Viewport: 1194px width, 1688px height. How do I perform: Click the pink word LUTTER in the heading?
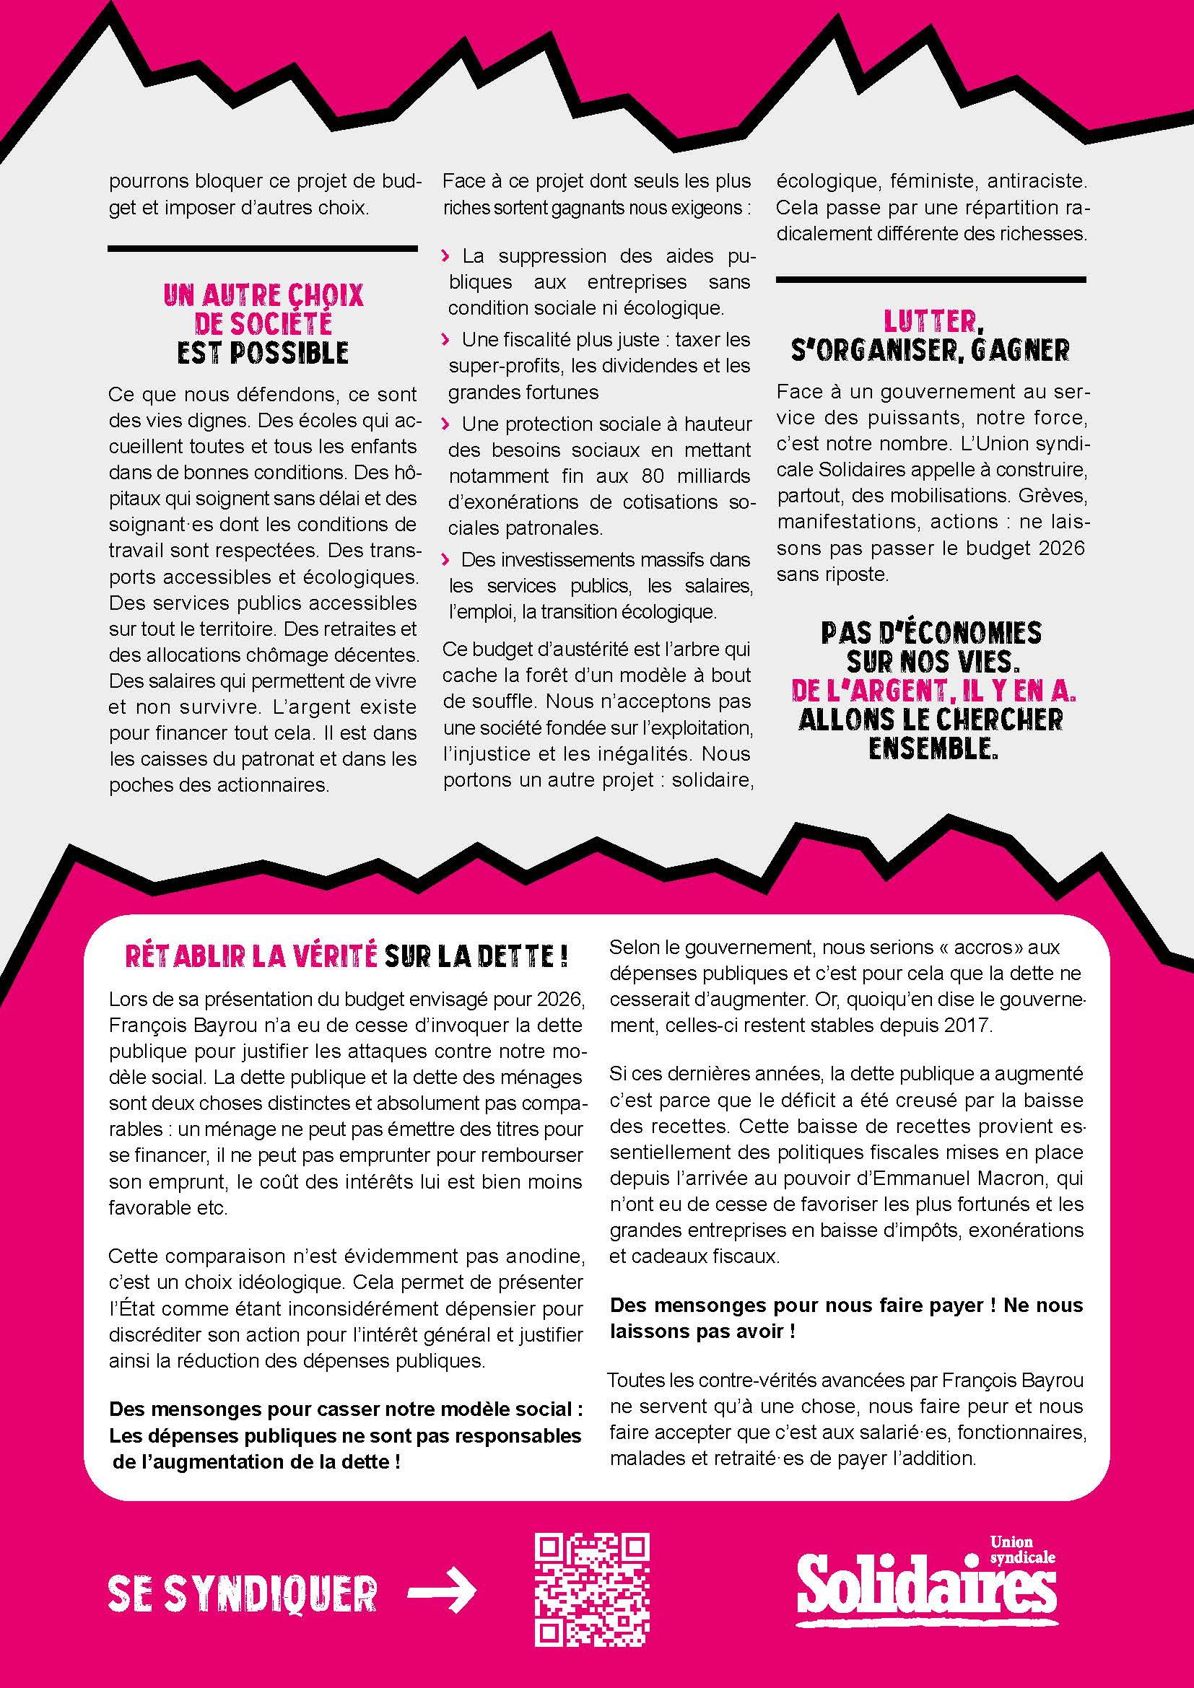[x=929, y=321]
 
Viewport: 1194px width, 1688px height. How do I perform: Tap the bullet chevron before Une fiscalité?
[x=445, y=340]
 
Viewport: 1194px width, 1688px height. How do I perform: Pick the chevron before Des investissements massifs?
[x=445, y=559]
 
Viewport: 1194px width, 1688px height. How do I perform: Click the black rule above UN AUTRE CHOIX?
[x=263, y=249]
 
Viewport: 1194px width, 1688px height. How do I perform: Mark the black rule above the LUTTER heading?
[x=930, y=279]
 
